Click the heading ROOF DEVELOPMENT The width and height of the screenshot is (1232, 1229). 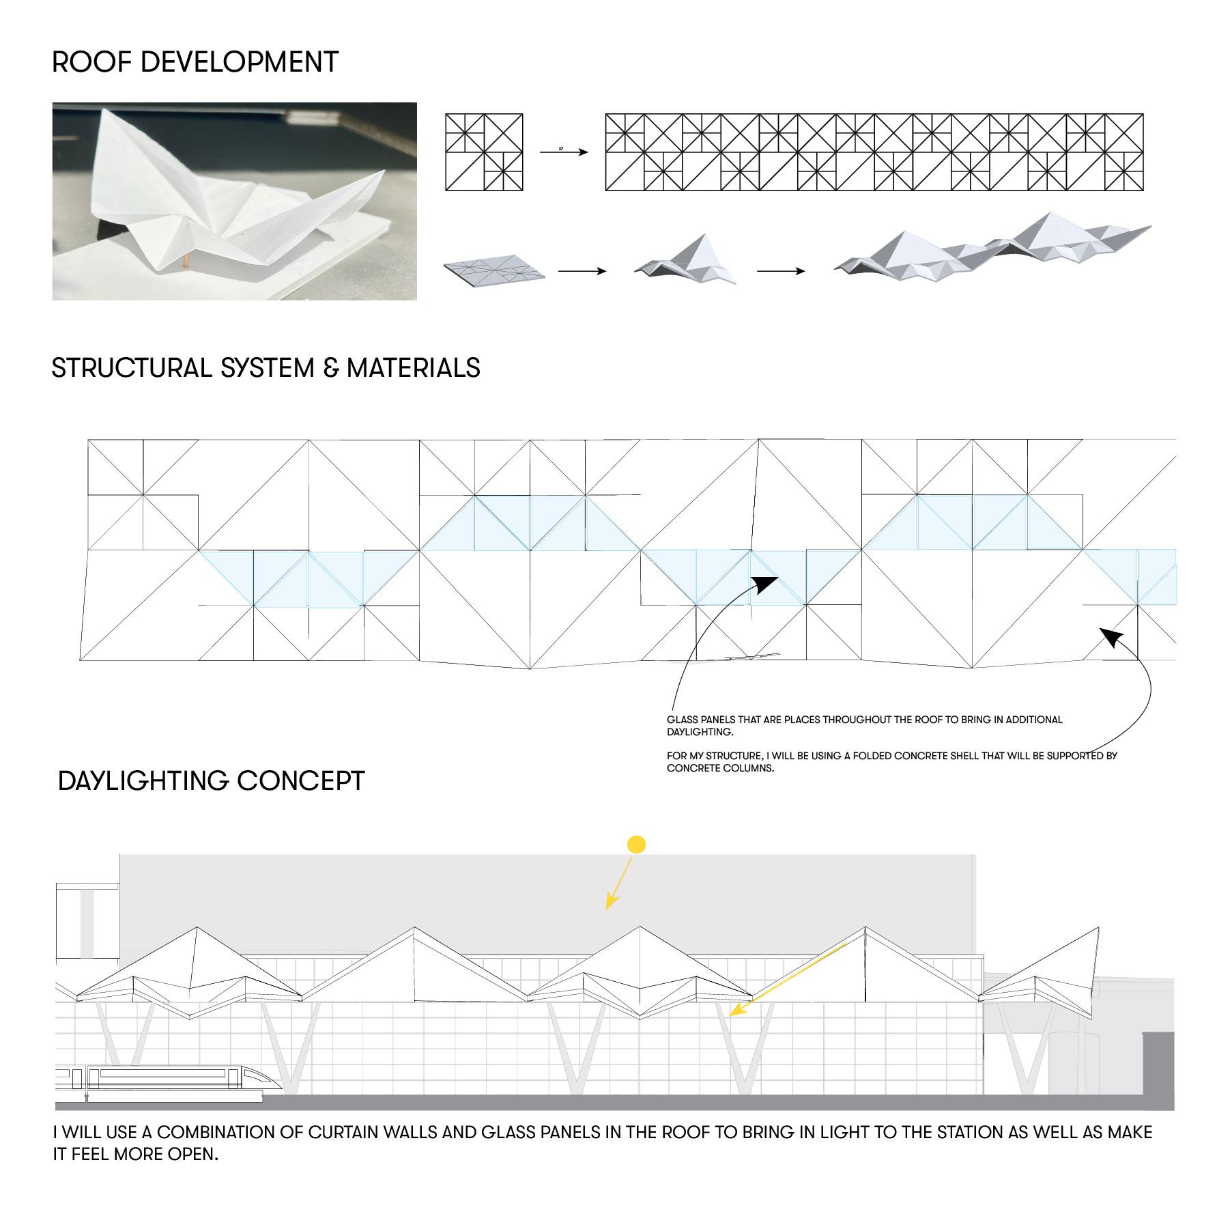(x=195, y=62)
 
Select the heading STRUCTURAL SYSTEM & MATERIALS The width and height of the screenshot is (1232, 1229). (x=266, y=368)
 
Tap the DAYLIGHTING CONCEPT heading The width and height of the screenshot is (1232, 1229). (x=212, y=780)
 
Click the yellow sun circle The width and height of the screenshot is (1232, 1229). (x=636, y=845)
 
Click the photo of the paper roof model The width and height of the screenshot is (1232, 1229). (x=234, y=201)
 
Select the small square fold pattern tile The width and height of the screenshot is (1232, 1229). (x=484, y=152)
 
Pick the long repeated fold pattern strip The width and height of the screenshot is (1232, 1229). (x=874, y=152)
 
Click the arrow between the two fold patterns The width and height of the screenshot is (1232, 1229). (x=564, y=152)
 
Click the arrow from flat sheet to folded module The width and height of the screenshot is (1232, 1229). (x=582, y=271)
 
